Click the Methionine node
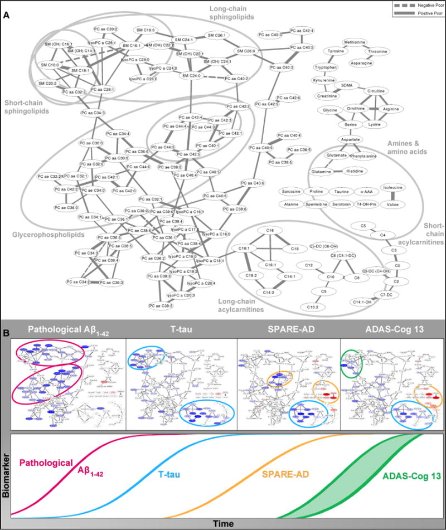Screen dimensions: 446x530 (x=355, y=42)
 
